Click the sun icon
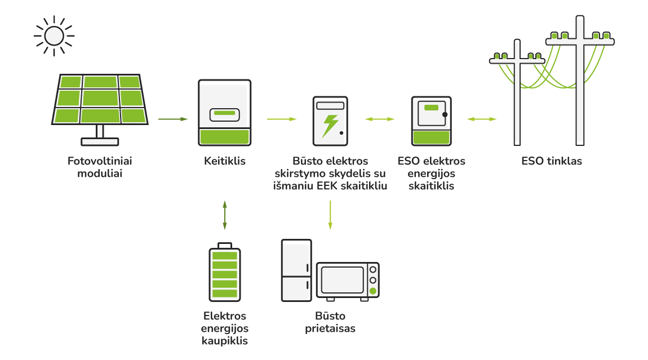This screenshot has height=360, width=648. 54,35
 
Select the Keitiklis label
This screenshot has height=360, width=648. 225,161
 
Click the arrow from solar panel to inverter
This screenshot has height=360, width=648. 172,119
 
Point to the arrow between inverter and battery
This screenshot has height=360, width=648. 225,215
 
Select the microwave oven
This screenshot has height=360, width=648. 348,280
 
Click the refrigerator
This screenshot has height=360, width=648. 296,270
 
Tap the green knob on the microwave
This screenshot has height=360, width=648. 372,291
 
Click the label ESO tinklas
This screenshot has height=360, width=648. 552,161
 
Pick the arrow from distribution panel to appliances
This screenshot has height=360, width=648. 330,215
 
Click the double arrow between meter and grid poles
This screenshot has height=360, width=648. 482,119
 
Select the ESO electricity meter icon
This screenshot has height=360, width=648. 431,121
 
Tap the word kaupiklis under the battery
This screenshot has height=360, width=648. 225,341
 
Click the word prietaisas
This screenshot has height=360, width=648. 330,328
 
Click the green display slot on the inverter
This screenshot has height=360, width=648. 225,113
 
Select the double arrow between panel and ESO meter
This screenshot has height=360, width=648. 379,119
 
